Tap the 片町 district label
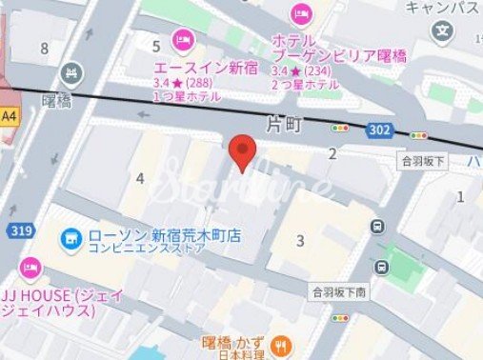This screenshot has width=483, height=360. tap(285, 123)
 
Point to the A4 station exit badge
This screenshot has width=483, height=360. tap(10, 116)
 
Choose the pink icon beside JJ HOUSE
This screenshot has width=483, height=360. tap(29, 266)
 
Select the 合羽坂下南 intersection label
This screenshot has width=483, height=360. tap(336, 290)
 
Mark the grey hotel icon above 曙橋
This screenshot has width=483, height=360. tap(70, 73)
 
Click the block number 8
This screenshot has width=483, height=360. tap(44, 48)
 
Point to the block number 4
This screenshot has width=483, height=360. tap(140, 178)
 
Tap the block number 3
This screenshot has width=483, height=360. tap(300, 240)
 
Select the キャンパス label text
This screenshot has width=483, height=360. tap(441, 8)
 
